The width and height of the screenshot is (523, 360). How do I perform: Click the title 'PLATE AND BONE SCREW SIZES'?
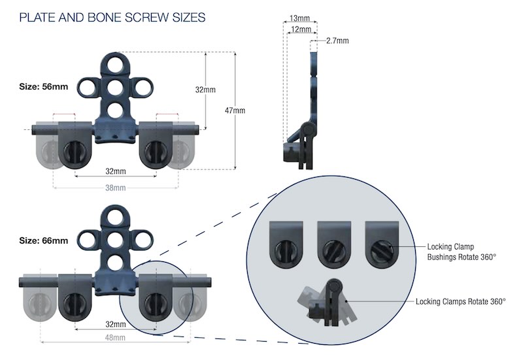pyautogui.click(x=112, y=17)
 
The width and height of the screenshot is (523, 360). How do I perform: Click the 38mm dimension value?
pyautogui.click(x=115, y=188)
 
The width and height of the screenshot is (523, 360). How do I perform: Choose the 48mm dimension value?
pyautogui.click(x=115, y=337)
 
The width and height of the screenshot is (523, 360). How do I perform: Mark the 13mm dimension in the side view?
pyautogui.click(x=300, y=18)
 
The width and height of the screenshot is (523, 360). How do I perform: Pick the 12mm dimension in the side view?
pyautogui.click(x=301, y=29)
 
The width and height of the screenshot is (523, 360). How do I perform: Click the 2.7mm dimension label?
pyautogui.click(x=337, y=41)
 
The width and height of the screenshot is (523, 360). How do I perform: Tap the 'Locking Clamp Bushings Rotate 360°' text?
pyautogui.click(x=461, y=252)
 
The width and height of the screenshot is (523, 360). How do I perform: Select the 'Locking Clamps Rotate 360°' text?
pyautogui.click(x=461, y=302)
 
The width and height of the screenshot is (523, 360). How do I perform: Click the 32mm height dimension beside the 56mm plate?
pyautogui.click(x=205, y=90)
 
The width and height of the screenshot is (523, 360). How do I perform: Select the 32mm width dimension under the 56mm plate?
pyautogui.click(x=115, y=171)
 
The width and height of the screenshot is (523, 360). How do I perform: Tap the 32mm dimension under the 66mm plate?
pyautogui.click(x=115, y=324)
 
